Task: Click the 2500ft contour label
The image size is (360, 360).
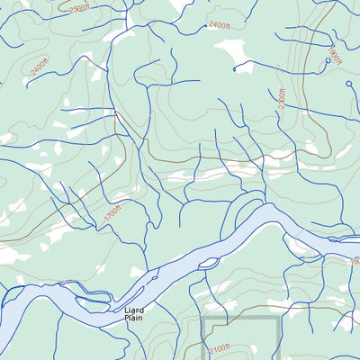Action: point(79,8)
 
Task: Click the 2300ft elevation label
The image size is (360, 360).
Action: point(283,98)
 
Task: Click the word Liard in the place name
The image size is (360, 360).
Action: point(133,310)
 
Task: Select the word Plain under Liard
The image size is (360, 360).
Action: point(133,318)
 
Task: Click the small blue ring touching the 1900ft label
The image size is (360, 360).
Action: point(327,61)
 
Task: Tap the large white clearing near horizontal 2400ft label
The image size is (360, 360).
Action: point(238,55)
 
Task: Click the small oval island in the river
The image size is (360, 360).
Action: point(209,263)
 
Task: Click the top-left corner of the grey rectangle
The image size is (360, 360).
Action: point(202,318)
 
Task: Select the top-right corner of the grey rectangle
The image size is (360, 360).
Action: point(277,318)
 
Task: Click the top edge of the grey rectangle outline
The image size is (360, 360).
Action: point(239,318)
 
